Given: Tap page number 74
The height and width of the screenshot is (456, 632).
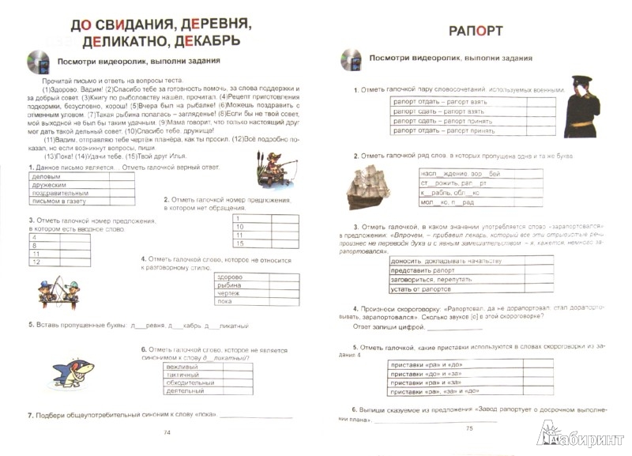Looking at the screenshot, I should coord(166,432).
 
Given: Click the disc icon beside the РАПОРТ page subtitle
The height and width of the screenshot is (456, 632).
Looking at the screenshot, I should coord(347,59).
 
